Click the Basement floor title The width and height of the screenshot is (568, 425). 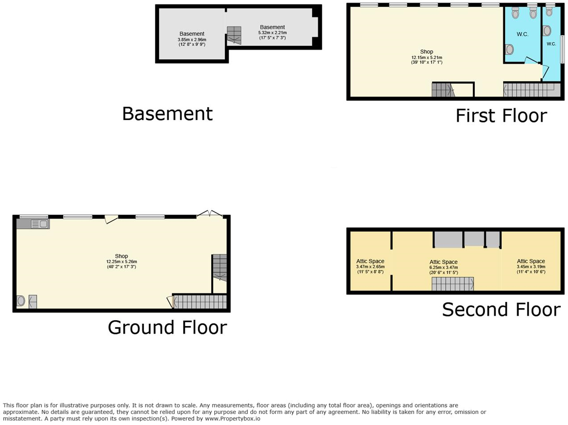tap(167, 114)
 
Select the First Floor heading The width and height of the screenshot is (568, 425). tap(501, 116)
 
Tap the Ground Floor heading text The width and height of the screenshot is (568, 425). tap(167, 328)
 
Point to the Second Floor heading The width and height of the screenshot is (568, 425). tap(501, 310)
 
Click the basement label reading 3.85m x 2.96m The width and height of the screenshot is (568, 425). tap(192, 40)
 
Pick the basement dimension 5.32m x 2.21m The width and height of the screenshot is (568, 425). tap(272, 33)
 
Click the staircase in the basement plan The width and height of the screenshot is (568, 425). tap(234, 35)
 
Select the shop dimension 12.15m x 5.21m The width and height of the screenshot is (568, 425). tap(426, 58)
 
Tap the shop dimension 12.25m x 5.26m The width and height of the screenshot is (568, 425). tap(121, 262)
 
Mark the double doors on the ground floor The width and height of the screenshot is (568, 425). tap(209, 214)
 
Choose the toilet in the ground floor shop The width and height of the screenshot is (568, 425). tap(21, 301)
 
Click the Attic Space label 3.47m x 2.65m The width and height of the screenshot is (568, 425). tap(370, 267)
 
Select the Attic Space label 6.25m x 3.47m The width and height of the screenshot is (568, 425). tap(443, 268)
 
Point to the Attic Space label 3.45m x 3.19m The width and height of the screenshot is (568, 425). tap(531, 267)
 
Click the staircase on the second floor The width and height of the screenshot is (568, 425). tap(452, 284)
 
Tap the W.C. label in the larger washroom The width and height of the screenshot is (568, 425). tap(522, 34)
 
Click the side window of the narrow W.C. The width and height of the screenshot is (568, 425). tap(562, 49)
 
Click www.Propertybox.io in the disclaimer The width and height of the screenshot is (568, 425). tap(232, 419)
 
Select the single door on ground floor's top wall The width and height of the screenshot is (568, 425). tap(111, 219)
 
